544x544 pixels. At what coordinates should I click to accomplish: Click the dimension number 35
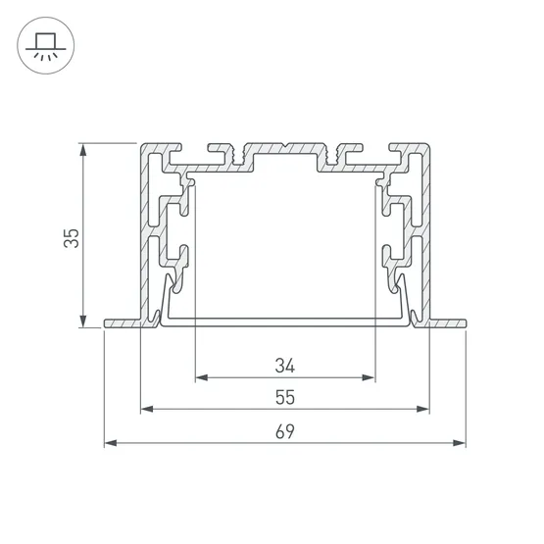pyautogui.click(x=72, y=238)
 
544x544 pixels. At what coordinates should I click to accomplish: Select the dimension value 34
pyautogui.click(x=285, y=366)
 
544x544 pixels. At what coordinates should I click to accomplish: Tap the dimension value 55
pyautogui.click(x=285, y=397)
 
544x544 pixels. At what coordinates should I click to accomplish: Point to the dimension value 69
pyautogui.click(x=285, y=431)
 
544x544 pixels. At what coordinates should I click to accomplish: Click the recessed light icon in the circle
pyautogui.click(x=45, y=46)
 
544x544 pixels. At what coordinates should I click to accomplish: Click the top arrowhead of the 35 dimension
pyautogui.click(x=83, y=149)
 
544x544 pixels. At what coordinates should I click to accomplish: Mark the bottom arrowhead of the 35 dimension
pyautogui.click(x=83, y=321)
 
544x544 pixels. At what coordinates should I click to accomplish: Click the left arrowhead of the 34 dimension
pyautogui.click(x=202, y=377)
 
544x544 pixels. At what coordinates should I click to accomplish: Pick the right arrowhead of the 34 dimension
pyautogui.click(x=369, y=377)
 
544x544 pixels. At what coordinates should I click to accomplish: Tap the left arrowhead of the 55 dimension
pyautogui.click(x=147, y=409)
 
